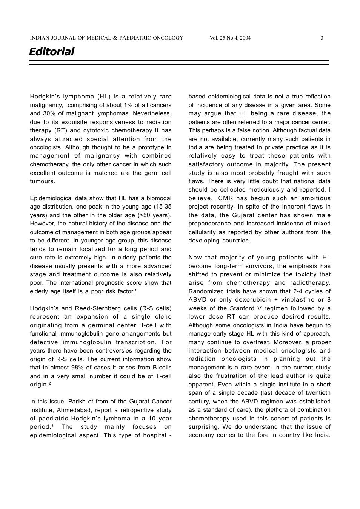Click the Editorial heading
52,52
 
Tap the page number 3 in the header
322,38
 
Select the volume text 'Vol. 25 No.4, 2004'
230,38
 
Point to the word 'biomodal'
158,198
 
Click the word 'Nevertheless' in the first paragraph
152,113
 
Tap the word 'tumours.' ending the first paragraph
43,181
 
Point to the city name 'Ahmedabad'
73,410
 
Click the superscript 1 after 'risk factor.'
135,290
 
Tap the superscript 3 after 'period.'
52,426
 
